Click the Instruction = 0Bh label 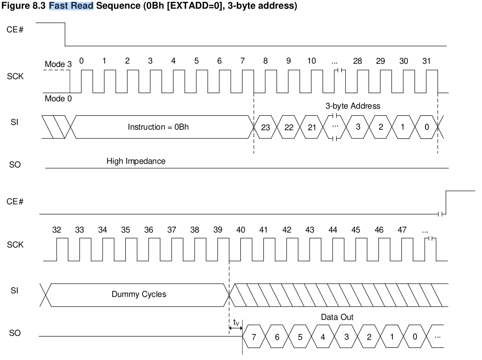(158, 127)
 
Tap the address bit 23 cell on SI (265, 127)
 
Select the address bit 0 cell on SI (426, 127)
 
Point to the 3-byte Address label (353, 106)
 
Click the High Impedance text (136, 161)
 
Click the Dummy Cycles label (138, 294)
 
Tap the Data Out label (337, 317)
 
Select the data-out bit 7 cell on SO (254, 336)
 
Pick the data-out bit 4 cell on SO (323, 336)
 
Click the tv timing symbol (236, 323)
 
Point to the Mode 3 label (58, 65)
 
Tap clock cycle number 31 (426, 61)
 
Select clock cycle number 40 (241, 230)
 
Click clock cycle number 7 (243, 61)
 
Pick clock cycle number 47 (402, 230)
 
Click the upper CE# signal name (15, 30)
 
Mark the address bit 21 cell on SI (311, 127)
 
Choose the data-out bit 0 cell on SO (415, 336)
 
